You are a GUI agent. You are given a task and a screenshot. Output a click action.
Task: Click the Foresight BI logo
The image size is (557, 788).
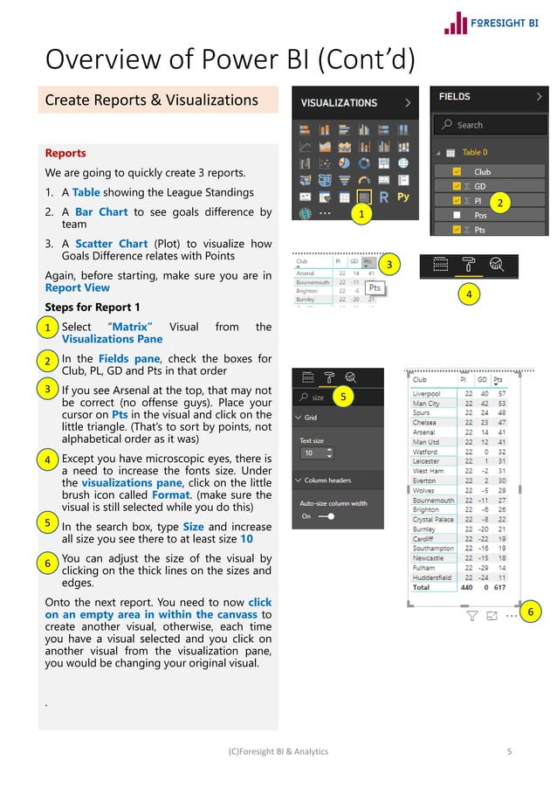pos(494,23)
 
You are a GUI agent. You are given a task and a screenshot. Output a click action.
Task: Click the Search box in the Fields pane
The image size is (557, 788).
pos(489,125)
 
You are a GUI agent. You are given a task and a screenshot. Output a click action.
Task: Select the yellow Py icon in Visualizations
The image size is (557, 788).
pos(403,197)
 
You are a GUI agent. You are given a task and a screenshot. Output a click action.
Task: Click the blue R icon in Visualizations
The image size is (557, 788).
pos(384,197)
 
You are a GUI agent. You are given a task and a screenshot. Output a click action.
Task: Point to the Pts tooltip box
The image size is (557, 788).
pos(374,287)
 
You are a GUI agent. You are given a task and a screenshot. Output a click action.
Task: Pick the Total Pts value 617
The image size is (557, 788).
pos(501,588)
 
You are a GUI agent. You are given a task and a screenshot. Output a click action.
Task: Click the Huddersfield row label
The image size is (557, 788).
pos(432,577)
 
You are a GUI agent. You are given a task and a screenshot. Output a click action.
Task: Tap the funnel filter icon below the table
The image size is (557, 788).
pos(471,616)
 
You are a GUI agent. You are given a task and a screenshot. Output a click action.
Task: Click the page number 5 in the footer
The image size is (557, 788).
pos(509,751)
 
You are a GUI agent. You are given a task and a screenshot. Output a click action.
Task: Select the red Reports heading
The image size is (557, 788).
pos(65,153)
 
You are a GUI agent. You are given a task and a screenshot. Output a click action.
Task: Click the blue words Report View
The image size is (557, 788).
pos(77,287)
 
